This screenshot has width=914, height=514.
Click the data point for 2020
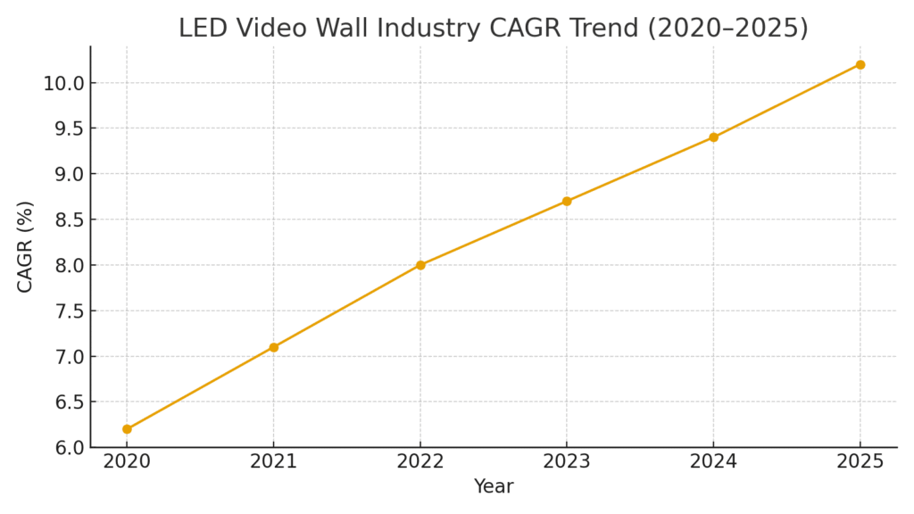[x=127, y=429]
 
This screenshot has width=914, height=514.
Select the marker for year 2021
[x=273, y=347]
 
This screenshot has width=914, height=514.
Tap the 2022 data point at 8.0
[x=420, y=265]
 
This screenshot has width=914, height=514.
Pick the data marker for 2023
[x=567, y=201]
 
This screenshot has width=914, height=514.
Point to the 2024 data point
[x=713, y=137]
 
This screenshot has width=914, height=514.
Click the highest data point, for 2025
[x=860, y=64]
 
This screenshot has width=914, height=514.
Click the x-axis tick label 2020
[x=127, y=461]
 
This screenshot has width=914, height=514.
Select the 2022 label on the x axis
[x=420, y=461]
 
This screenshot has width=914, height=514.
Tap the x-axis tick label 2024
[x=713, y=461]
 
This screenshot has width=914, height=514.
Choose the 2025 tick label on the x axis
[x=860, y=461]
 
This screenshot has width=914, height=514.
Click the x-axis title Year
[x=494, y=487]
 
